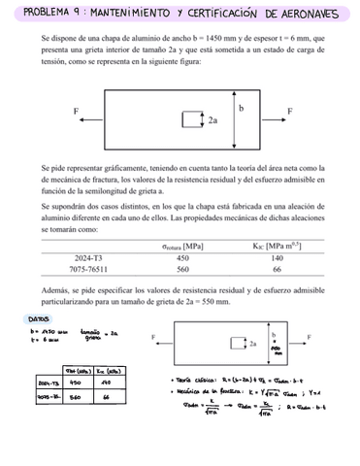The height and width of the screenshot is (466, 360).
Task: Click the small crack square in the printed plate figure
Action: (x=189, y=120)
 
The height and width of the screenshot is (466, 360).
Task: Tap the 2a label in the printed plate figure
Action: (x=213, y=121)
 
